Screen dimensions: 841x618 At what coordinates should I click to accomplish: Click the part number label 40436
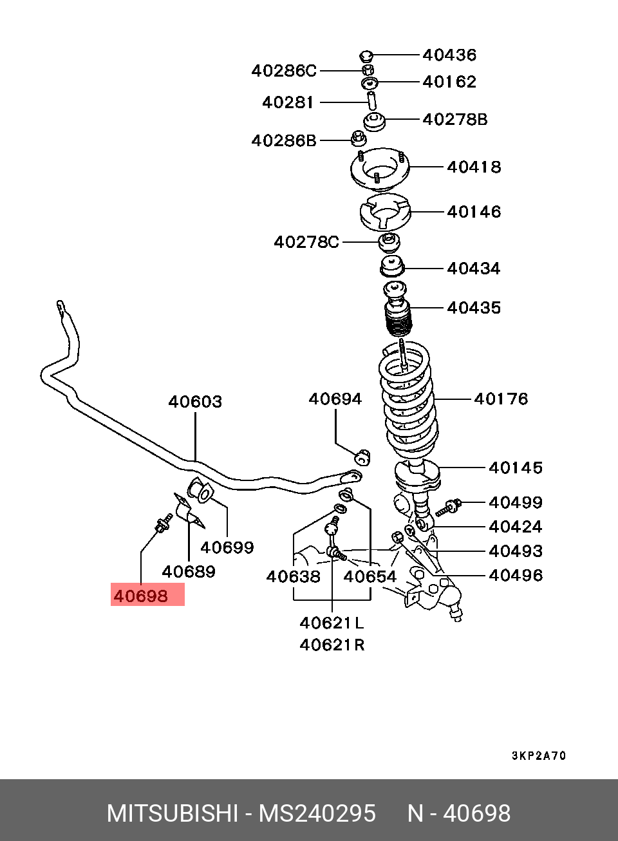(x=449, y=55)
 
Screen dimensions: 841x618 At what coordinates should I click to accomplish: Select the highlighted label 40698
(x=141, y=596)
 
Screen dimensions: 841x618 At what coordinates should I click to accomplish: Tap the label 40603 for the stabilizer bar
(x=195, y=402)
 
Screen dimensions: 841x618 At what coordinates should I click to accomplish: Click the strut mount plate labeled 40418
(x=380, y=169)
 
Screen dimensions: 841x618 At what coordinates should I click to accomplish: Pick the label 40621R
(x=332, y=645)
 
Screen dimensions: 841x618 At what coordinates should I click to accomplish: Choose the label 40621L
(x=332, y=623)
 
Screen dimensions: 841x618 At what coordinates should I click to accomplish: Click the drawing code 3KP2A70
(x=539, y=756)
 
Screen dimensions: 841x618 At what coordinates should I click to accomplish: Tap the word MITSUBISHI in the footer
(x=173, y=813)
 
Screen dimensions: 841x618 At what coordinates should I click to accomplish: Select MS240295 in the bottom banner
(x=317, y=813)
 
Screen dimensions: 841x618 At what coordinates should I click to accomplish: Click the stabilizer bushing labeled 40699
(x=200, y=491)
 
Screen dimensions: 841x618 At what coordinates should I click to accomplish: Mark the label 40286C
(x=284, y=71)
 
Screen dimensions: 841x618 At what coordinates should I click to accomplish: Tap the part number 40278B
(x=455, y=120)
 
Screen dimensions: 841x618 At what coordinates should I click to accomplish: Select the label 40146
(x=474, y=212)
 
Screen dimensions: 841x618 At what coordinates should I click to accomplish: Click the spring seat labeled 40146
(x=385, y=213)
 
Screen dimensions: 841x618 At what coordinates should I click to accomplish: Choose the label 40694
(x=335, y=399)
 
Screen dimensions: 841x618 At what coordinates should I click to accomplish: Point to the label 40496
(x=516, y=575)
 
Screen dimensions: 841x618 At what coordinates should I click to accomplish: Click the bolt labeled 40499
(x=449, y=508)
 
